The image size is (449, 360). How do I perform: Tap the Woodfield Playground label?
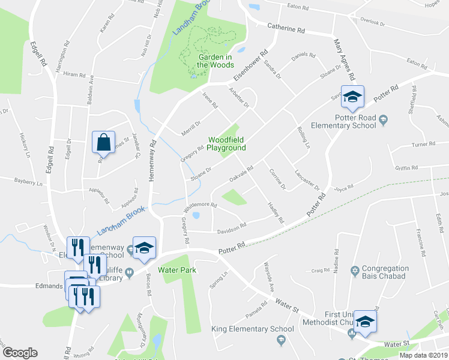point(227,143)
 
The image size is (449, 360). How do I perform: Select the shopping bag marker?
point(104,142)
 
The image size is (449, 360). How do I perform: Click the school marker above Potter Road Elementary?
point(352,97)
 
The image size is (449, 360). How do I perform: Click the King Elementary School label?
point(249,329)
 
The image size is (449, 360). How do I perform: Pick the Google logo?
point(20,353)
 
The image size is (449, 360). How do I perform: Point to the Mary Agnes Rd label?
point(344,59)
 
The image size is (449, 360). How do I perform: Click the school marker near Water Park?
point(144,250)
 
